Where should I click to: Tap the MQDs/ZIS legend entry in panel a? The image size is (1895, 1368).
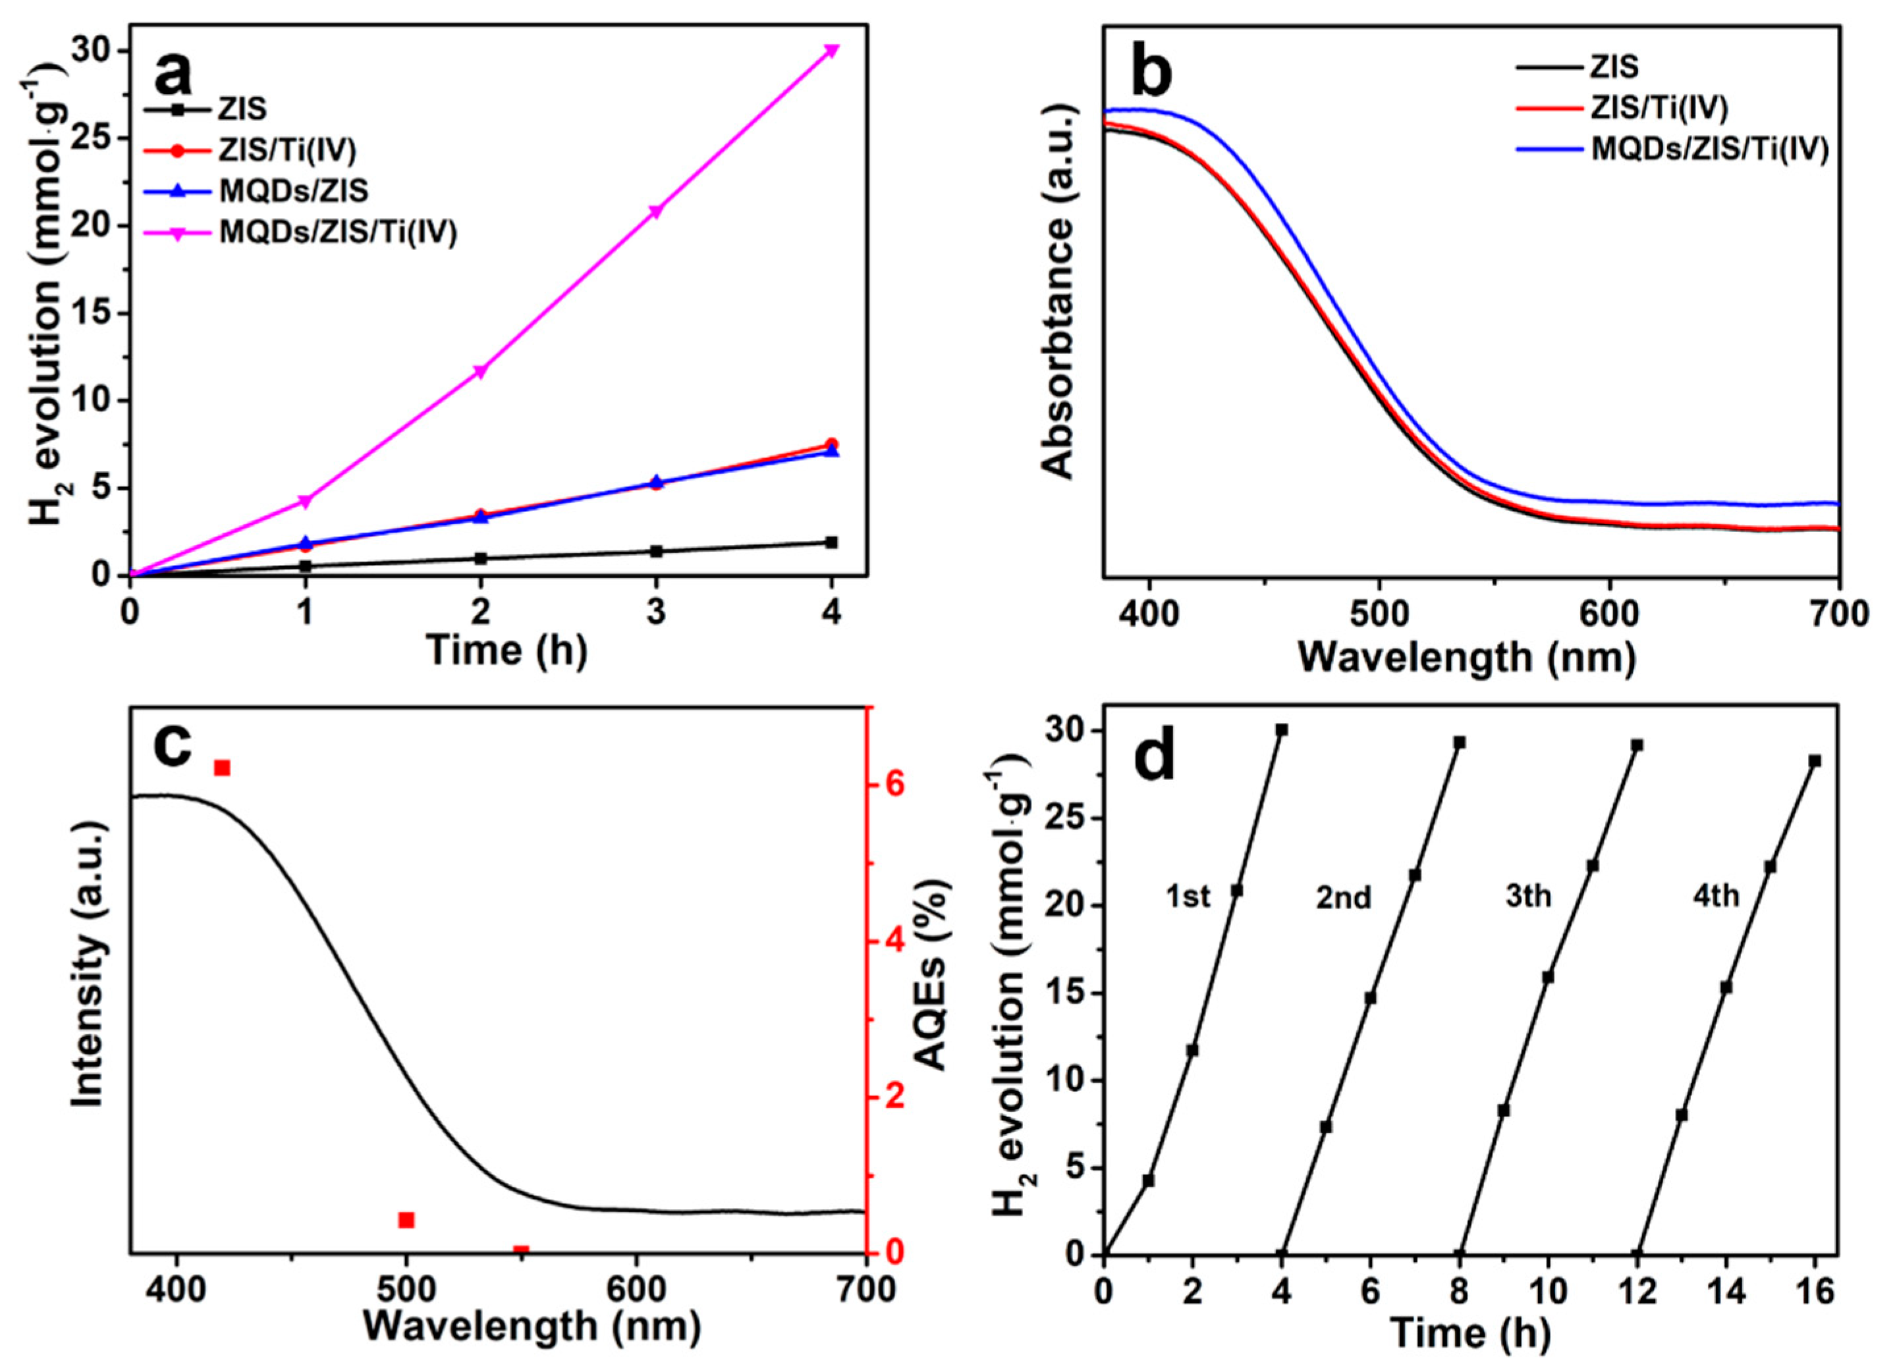pos(293,192)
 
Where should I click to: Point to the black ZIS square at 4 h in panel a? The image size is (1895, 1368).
pos(831,542)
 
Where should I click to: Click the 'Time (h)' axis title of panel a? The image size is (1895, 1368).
pos(507,649)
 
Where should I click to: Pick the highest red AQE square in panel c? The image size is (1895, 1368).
pos(222,768)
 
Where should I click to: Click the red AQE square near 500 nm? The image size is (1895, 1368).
pos(407,1220)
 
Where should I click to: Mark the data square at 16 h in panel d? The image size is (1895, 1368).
pos(1815,761)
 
